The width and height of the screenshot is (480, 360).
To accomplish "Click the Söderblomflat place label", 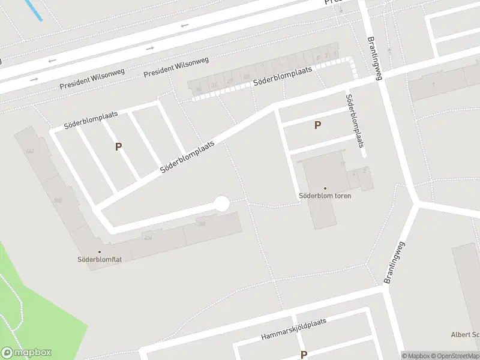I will [100, 260].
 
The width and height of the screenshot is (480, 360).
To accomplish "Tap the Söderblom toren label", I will [325, 196].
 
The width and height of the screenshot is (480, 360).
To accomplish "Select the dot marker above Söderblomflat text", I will [100, 252].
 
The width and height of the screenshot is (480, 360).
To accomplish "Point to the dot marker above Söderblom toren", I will [325, 188].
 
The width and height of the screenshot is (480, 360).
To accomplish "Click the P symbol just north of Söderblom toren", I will [317, 125].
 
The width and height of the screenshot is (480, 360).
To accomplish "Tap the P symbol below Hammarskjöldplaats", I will [304, 355].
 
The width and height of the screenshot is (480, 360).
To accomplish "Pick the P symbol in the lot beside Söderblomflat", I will [118, 146].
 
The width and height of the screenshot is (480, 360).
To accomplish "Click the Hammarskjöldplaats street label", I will [293, 329].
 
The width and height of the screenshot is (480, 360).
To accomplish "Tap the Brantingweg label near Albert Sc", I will [395, 262].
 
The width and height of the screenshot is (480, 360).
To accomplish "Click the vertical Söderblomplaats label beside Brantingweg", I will [355, 121].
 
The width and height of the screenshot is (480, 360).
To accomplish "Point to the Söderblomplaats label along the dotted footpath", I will [283, 76].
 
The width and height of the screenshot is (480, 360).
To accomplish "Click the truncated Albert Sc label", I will [466, 334].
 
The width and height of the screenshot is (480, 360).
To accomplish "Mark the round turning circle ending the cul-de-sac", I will [222, 204].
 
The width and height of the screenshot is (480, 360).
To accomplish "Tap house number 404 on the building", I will [148, 238].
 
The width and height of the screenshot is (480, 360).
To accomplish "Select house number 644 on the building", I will [29, 151].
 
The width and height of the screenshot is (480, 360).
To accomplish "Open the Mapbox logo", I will [26, 353].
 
